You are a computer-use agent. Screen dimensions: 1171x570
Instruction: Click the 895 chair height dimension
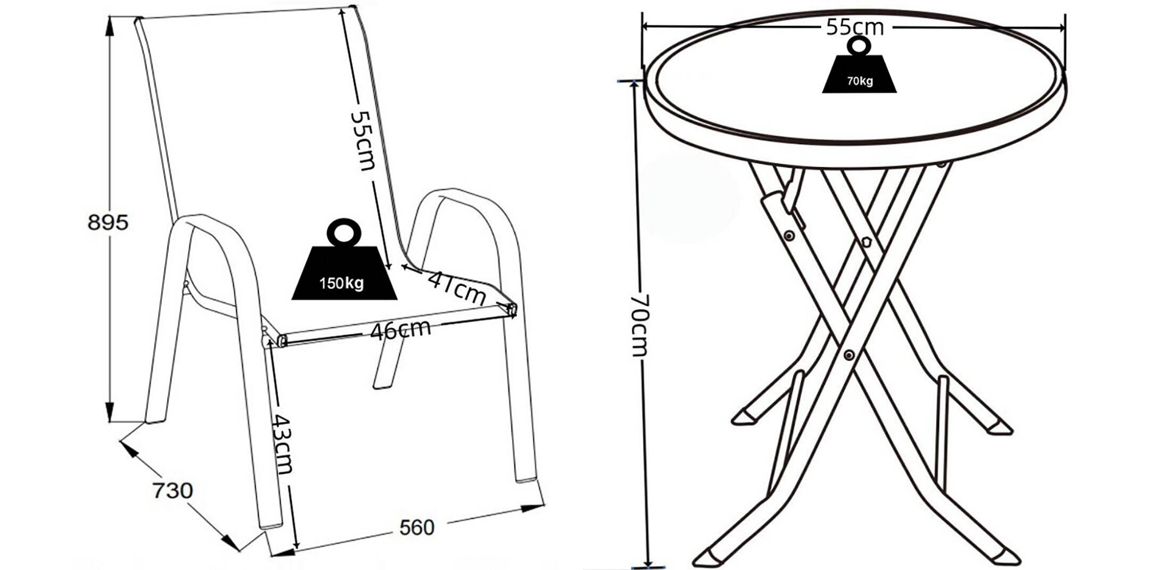coord(108,222)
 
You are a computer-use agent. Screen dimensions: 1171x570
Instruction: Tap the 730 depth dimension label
coord(172,490)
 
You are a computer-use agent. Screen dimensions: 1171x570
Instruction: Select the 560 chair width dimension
coord(417,527)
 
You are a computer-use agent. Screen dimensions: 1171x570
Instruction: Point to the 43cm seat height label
coord(281,443)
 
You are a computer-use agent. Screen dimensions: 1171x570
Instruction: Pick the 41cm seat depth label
coord(457,288)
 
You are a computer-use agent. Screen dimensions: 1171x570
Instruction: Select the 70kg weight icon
coord(859,65)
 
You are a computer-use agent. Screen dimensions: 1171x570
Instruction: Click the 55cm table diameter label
coord(855,27)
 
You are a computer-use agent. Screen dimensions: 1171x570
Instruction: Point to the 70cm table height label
coord(639,325)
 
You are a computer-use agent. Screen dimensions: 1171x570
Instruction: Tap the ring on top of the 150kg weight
coord(344,232)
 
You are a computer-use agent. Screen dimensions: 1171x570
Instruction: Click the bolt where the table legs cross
coord(849,355)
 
